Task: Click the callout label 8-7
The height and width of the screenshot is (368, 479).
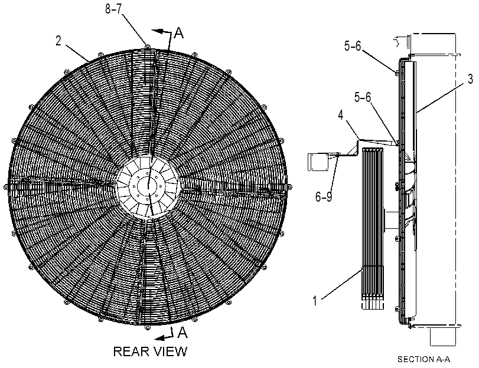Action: (x=113, y=9)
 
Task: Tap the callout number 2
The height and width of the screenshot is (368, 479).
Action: (x=58, y=41)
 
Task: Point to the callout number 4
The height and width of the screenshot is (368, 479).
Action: (x=341, y=115)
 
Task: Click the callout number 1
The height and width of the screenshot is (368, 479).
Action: (x=315, y=301)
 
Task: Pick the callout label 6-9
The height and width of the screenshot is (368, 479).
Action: (x=324, y=197)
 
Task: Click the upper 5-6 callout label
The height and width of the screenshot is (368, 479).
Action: (x=353, y=46)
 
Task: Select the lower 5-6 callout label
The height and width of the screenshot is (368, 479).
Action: (x=363, y=97)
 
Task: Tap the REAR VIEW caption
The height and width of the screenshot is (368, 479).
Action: (x=150, y=351)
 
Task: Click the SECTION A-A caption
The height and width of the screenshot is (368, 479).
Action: (x=423, y=359)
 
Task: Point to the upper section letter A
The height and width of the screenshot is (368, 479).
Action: (x=179, y=32)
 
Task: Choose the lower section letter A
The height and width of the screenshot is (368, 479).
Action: (x=182, y=332)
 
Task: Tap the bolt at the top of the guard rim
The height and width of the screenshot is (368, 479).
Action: (x=148, y=47)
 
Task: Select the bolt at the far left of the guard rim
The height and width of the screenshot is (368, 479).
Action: (x=5, y=187)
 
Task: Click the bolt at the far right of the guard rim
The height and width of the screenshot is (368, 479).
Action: (x=290, y=187)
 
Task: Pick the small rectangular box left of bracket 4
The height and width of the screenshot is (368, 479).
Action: (x=318, y=162)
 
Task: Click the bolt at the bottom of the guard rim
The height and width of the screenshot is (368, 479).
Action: (x=148, y=327)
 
